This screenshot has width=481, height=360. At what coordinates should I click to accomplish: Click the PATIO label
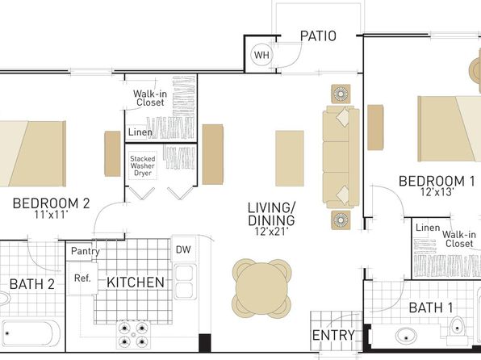(318, 36)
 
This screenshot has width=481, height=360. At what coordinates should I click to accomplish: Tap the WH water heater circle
(261, 55)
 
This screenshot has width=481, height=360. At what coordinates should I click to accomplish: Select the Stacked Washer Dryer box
(143, 165)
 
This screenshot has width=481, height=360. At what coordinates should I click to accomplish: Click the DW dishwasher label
(183, 249)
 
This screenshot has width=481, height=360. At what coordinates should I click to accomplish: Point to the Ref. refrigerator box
(82, 278)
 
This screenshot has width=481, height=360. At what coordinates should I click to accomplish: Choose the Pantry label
(85, 251)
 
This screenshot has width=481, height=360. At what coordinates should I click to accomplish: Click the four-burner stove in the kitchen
(133, 334)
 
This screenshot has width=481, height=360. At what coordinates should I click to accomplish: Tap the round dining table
(261, 288)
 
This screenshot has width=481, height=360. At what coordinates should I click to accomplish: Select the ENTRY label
(333, 335)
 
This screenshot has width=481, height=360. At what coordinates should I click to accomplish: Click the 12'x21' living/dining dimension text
(271, 232)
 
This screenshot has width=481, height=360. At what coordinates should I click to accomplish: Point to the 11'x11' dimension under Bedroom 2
(51, 215)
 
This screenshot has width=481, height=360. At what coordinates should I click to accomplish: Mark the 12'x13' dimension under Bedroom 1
(437, 192)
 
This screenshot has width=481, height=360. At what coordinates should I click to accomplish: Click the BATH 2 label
(32, 284)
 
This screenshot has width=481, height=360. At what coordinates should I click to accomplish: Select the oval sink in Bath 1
(406, 337)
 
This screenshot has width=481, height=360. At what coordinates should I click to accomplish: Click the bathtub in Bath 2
(31, 334)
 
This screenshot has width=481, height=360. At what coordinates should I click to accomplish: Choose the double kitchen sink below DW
(186, 282)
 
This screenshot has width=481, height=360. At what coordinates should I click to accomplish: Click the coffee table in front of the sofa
(290, 158)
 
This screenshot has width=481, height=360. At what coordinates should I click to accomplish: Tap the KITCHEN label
(136, 283)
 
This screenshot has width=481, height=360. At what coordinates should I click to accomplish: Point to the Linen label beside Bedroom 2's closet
(140, 132)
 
